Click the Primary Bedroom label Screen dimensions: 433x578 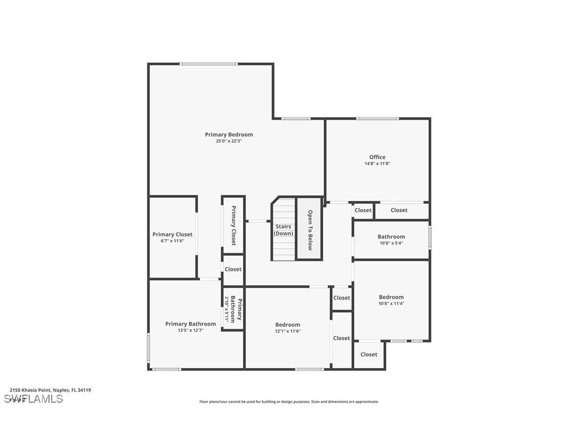pos(229,135)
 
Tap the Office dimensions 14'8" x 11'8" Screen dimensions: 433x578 pos(377,164)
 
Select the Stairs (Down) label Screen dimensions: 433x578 pos(283,230)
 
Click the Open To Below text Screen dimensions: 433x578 pos(310,230)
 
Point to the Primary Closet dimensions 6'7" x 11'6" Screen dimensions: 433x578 pos(172,241)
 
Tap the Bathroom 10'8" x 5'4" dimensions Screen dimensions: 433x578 pos(391,243)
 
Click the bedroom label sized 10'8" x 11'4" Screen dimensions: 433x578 pos(391,297)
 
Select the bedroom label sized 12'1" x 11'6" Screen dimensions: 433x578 pos(287,324)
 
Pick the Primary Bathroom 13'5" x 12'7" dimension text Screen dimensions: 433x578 pos(191,330)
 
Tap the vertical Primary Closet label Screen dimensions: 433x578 pos(233,226)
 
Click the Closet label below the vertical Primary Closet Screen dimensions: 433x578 pos(233,269)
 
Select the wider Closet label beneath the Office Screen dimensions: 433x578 pos(399,210)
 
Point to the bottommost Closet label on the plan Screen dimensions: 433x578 pos(368,354)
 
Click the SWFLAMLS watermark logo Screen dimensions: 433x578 pos(34,399)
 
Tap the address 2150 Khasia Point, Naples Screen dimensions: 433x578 pos(50,390)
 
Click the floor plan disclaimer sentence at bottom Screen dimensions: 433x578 pos(289,402)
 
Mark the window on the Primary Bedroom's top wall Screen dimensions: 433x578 pos(208,64)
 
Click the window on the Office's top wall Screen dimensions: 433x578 pos(377,118)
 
